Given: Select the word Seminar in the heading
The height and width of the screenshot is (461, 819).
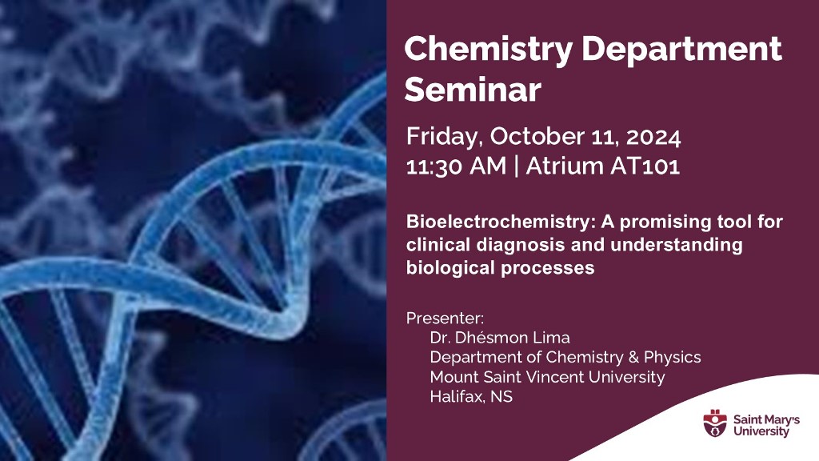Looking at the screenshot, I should tap(473, 90).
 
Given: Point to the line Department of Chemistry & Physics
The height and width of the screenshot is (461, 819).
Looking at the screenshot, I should tap(565, 357).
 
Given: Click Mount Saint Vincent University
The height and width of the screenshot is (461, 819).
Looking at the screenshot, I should tap(547, 376).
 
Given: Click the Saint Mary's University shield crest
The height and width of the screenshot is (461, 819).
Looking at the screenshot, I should tap(714, 423).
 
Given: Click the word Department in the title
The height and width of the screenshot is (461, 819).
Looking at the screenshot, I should tap(682, 50).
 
